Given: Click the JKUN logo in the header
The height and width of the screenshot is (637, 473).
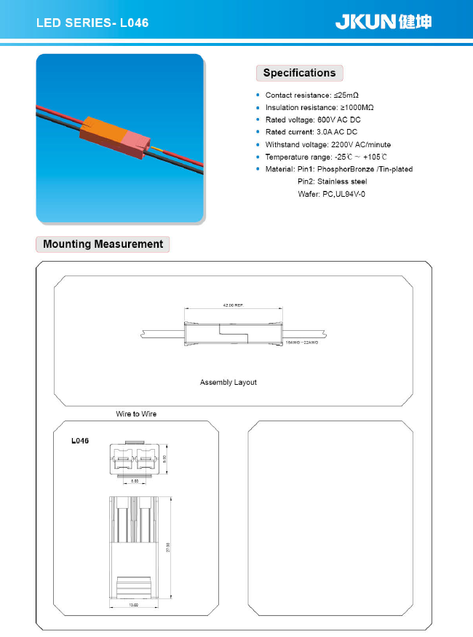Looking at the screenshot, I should (x=383, y=22).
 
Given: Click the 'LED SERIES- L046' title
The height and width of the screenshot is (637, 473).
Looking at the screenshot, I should (x=92, y=23).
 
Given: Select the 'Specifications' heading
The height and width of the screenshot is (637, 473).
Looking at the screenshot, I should (x=299, y=73).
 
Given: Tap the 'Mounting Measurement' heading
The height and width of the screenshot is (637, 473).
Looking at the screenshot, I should (x=103, y=244).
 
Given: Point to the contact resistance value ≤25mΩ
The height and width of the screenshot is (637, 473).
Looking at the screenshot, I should (x=346, y=95).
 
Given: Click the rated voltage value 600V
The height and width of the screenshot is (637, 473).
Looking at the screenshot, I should (x=328, y=120).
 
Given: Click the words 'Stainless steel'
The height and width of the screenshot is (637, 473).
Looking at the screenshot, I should (x=342, y=181).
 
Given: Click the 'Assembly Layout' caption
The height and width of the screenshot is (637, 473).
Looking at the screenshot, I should (x=228, y=382).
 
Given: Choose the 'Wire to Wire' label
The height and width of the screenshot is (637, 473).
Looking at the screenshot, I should (x=136, y=414).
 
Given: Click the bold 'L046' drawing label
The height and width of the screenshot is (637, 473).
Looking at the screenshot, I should (x=80, y=441).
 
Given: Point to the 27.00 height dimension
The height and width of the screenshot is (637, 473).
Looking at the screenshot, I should (x=168, y=547).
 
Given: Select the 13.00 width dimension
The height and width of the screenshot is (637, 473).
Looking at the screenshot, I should (x=134, y=604).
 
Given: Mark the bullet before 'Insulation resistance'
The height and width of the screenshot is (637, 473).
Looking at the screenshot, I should (x=258, y=108).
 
